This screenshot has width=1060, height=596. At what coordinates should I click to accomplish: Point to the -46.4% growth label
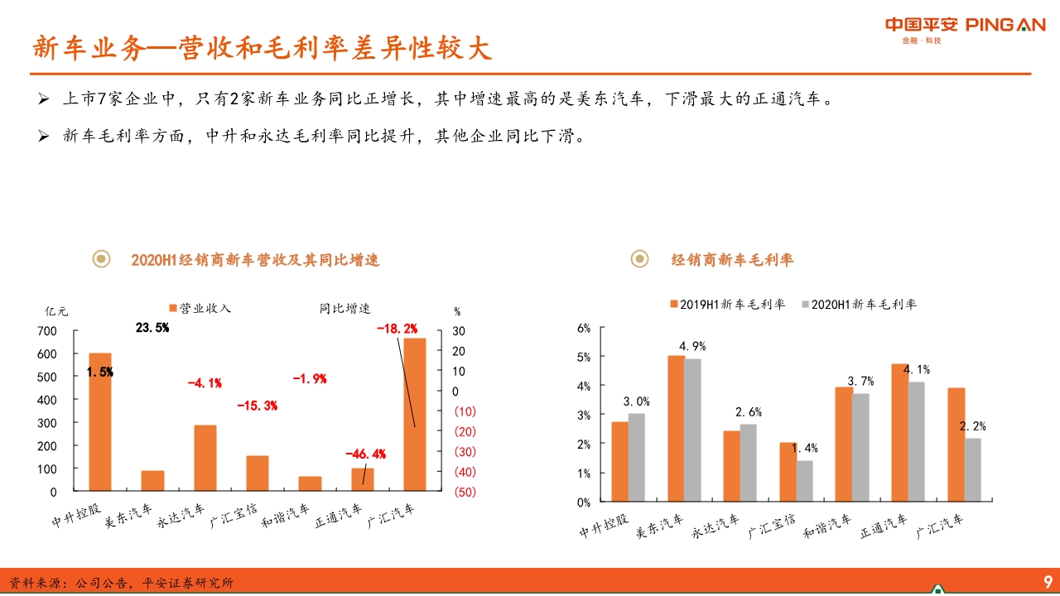[x=365, y=454]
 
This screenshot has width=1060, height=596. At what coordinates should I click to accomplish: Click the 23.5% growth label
[x=152, y=328]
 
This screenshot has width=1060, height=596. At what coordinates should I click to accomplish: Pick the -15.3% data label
[x=257, y=406]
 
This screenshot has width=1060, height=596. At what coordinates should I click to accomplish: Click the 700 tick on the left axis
[x=47, y=331]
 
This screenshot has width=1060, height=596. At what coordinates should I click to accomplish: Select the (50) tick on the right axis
[x=465, y=492]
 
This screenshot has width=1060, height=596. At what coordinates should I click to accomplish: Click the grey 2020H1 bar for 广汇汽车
[x=972, y=469]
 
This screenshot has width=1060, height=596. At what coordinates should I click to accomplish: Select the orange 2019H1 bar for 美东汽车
[x=677, y=428]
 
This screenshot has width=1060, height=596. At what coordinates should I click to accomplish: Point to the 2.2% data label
[x=972, y=426]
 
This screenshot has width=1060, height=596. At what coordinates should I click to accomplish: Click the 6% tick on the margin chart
[x=583, y=329]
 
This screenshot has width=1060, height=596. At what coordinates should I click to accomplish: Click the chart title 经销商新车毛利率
[x=732, y=260]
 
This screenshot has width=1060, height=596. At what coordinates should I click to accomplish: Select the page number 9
[x=1047, y=580]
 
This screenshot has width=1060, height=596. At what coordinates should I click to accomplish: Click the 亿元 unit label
[x=57, y=312]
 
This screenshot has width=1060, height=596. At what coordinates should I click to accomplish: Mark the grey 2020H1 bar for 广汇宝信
[x=804, y=481]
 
